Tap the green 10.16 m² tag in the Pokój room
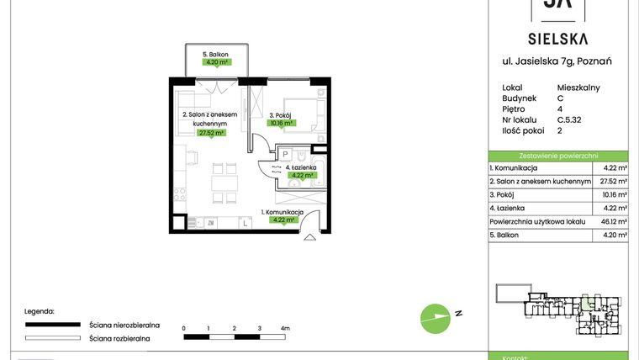point(281,123)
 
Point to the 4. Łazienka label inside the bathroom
point(301,167)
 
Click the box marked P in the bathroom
point(286,155)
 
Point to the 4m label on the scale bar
point(285,328)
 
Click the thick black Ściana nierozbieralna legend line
point(53,324)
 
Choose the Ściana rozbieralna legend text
point(119,337)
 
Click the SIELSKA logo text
point(557,38)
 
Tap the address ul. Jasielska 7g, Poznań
point(557,61)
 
